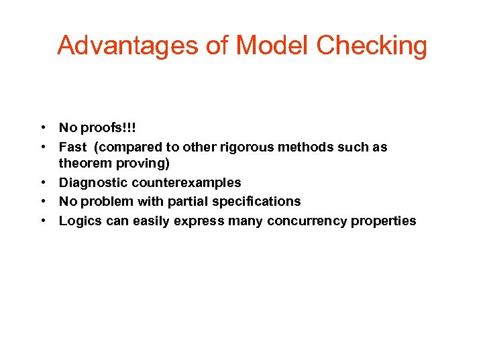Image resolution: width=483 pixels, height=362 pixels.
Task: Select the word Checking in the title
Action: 372,46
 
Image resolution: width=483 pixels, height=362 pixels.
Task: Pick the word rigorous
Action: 245,147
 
